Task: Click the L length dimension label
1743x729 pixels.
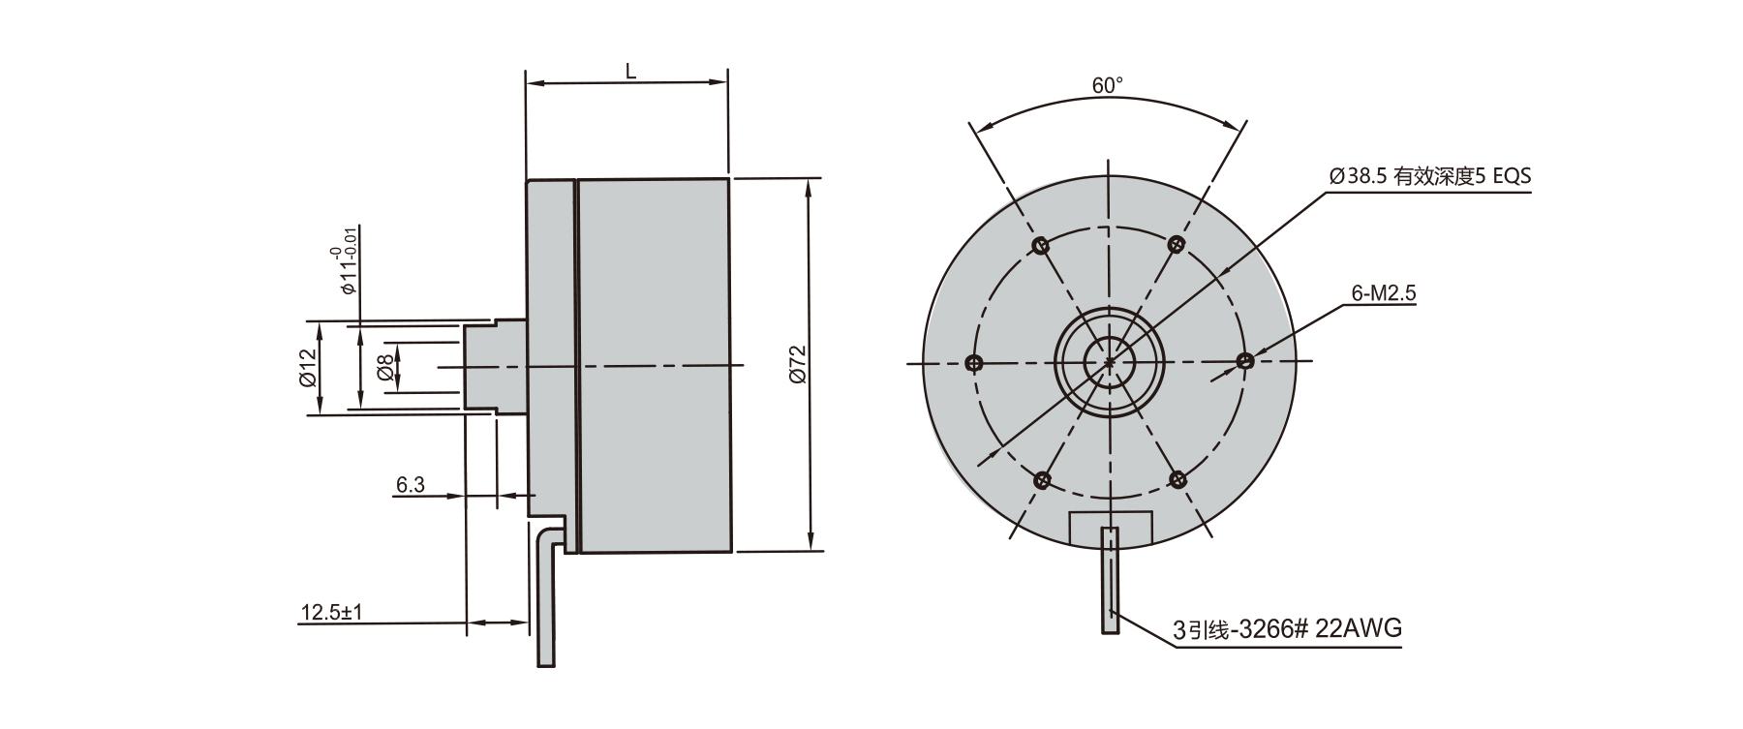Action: pos(629,70)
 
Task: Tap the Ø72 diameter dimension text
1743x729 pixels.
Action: pos(797,366)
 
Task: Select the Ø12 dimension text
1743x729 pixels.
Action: pos(309,367)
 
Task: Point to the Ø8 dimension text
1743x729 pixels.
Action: pos(385,368)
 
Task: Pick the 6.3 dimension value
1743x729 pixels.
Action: pos(411,484)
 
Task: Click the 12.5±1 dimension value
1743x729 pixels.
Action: pos(331,613)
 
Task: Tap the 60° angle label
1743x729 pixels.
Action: pos(1108,85)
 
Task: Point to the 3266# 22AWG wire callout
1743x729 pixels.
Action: pos(1287,629)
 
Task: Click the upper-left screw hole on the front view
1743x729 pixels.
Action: pos(1041,245)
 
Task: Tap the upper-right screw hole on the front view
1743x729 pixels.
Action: pos(1177,244)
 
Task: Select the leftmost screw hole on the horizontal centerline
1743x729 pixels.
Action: pos(974,363)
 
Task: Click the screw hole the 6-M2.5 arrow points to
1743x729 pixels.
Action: pos(1245,361)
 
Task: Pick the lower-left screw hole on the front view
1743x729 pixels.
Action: pos(1042,479)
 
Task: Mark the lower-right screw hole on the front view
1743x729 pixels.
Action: pos(1178,478)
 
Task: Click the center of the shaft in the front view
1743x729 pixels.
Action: pos(1110,362)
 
